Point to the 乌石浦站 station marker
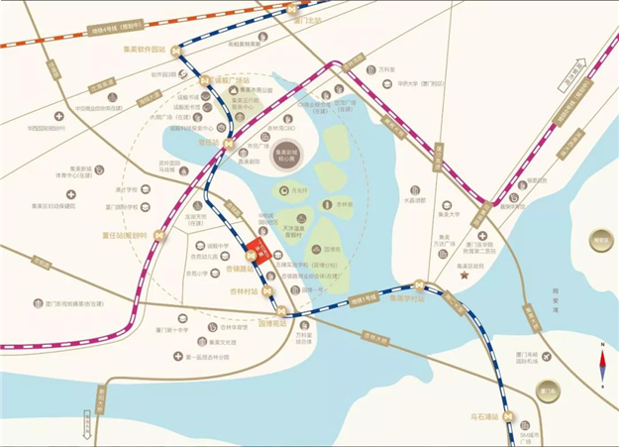point(507,416)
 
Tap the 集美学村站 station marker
point(420,285)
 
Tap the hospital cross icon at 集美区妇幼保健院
point(72,195)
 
